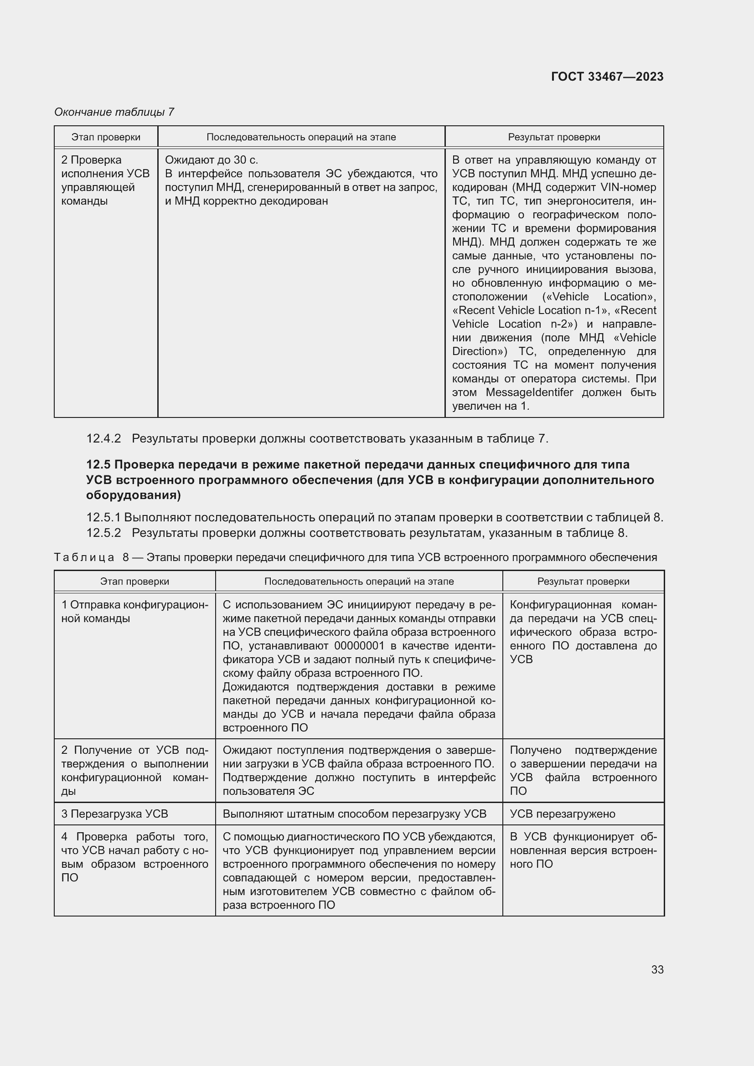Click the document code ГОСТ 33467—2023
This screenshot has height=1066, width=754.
click(607, 77)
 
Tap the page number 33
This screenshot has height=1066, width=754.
click(657, 969)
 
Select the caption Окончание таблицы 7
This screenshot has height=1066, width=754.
click(114, 112)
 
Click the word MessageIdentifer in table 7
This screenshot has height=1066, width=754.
click(529, 392)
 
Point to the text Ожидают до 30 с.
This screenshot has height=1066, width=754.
click(211, 160)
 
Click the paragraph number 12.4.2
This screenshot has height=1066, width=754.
click(103, 438)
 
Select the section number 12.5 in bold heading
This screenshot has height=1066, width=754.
click(98, 465)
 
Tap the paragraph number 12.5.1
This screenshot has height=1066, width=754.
click(103, 518)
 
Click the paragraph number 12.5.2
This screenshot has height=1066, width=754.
click(103, 533)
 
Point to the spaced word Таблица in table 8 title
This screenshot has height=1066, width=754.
click(84, 557)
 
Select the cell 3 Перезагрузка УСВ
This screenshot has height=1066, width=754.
click(115, 814)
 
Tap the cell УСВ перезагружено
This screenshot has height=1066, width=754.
click(562, 814)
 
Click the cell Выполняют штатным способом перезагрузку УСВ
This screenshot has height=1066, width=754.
click(354, 814)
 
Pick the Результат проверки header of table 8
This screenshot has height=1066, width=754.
click(583, 581)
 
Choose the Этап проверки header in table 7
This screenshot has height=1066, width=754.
click(106, 137)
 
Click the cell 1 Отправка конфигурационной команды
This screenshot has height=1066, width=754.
click(134, 612)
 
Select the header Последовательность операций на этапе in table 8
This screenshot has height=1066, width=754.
click(359, 581)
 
